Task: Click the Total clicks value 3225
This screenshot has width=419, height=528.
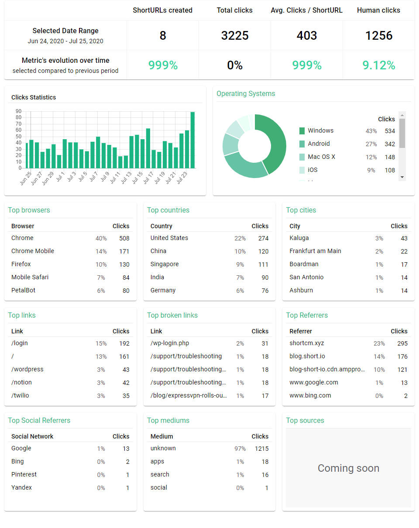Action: click(x=235, y=35)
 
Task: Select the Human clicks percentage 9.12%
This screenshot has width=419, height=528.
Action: click(x=379, y=65)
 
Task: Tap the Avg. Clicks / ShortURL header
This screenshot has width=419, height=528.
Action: click(x=306, y=10)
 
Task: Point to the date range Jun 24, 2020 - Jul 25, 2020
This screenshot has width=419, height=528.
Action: click(x=65, y=41)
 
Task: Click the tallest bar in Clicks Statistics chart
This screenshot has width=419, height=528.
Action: click(x=192, y=140)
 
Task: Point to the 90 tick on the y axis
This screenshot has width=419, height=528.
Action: click(x=19, y=111)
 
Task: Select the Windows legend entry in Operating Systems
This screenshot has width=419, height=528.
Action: click(x=320, y=130)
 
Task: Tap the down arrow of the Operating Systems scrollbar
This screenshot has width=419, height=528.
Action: click(x=402, y=177)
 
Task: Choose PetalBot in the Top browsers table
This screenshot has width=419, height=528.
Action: click(x=24, y=290)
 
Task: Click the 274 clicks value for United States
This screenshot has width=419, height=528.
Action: click(x=263, y=238)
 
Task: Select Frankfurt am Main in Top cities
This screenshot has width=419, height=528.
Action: click(x=315, y=251)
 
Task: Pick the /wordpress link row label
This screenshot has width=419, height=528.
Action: click(x=27, y=369)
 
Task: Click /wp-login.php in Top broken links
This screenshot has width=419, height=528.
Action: click(x=170, y=343)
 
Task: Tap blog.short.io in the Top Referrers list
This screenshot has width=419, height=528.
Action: click(x=307, y=356)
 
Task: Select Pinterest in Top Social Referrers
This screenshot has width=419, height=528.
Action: click(x=24, y=474)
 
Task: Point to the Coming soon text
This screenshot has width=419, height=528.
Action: click(x=348, y=468)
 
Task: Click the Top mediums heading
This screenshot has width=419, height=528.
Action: click(x=168, y=420)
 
